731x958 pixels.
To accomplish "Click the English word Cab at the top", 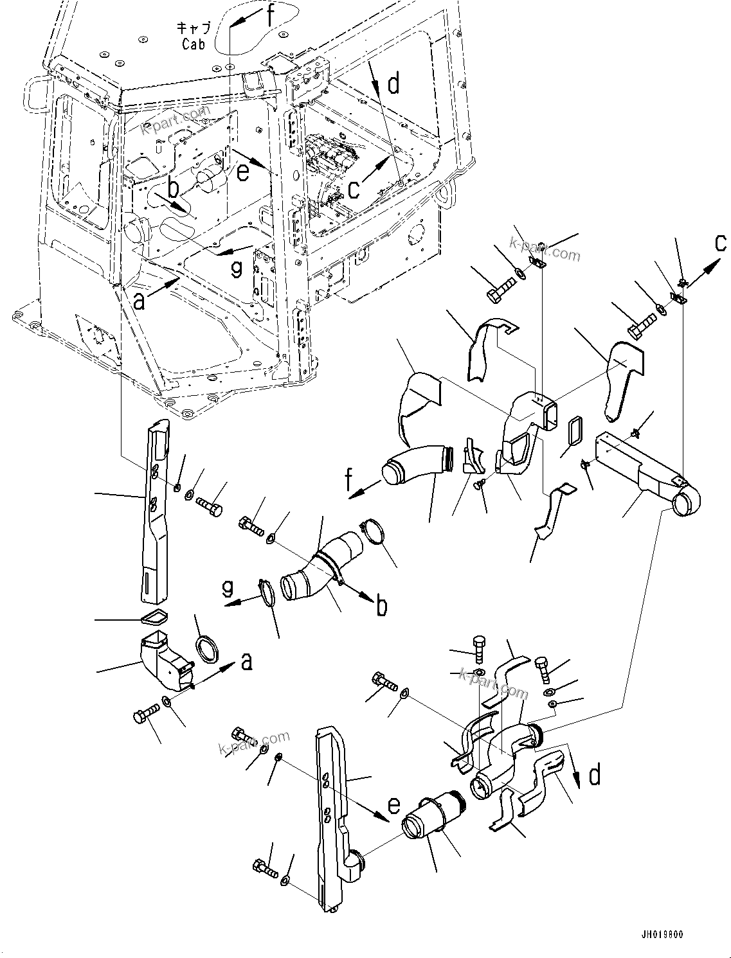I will (x=193, y=44).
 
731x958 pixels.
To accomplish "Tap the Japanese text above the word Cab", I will (x=192, y=28).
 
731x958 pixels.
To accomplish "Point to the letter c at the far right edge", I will (x=721, y=243).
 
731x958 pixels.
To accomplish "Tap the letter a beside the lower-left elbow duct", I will (x=246, y=661).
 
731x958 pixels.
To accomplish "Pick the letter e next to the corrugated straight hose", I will (x=394, y=806).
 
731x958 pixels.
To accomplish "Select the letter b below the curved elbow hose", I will (x=382, y=605).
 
